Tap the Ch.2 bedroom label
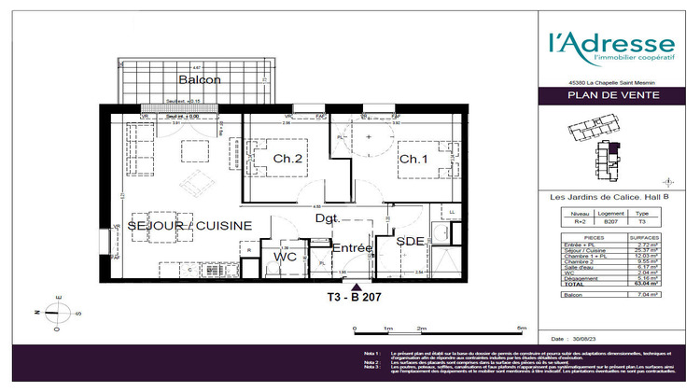(287, 160)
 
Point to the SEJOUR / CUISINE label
(189, 227)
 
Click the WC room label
(285, 257)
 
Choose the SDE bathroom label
(411, 243)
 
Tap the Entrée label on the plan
(352, 248)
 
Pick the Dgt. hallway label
(327, 219)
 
